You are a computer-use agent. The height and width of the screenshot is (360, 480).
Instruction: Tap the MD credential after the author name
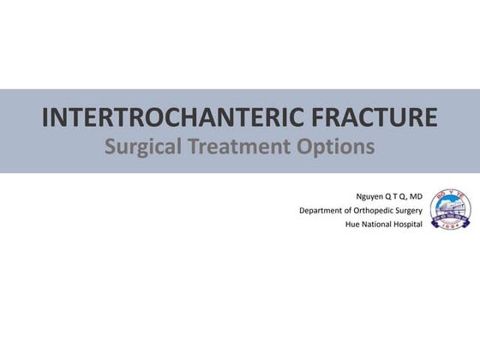pos(415,195)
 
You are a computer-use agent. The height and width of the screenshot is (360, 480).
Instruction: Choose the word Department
pos(322,210)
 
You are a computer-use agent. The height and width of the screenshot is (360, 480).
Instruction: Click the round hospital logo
pos(450,210)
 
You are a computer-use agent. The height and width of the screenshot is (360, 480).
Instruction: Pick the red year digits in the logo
pos(450,225)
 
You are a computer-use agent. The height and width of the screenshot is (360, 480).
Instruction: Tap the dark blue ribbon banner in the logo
pos(450,218)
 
